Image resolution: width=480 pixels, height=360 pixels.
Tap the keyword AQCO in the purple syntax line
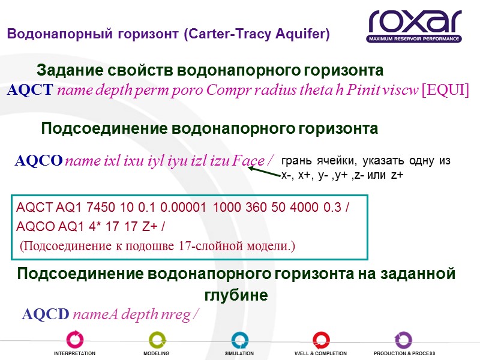pos(38,161)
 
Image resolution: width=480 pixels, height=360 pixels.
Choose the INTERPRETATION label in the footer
pos(74,353)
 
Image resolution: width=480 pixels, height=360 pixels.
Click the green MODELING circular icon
pos(157,340)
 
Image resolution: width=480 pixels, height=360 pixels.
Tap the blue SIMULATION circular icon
pos(239,340)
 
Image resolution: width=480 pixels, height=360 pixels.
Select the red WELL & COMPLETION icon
pos(321,340)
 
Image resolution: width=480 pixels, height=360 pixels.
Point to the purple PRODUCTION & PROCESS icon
pos(403,340)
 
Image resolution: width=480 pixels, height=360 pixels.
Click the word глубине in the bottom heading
pos(236,296)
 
